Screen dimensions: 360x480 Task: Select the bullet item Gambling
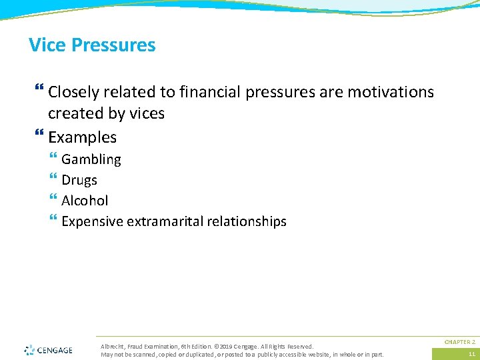91,160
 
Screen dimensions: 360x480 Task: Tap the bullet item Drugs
79,181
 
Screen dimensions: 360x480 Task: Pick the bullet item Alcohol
85,201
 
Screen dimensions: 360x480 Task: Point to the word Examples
82,138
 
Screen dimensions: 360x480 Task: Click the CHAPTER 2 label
459,341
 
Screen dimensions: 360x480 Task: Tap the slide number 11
471,354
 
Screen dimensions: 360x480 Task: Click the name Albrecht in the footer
112,347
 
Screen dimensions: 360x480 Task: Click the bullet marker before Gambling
53,159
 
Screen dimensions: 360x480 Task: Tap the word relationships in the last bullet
249,221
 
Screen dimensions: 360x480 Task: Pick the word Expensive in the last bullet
91,221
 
